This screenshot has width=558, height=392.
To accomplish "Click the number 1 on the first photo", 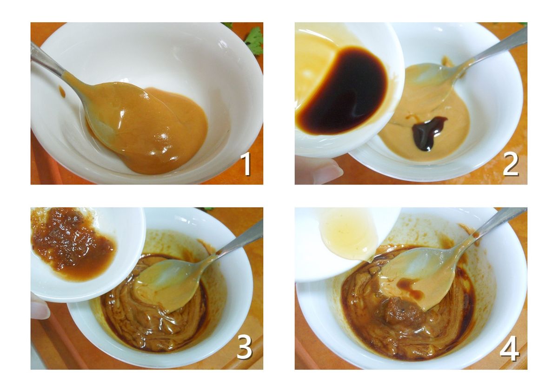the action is [246, 164].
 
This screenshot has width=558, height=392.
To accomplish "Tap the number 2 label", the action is [511, 164].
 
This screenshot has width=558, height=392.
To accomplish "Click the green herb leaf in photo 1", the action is [254, 40].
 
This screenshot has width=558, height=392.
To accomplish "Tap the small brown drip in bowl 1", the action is [62, 92].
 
